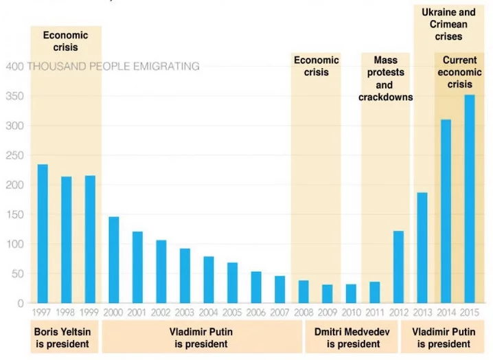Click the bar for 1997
pyautogui.click(x=43, y=234)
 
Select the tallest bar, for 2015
pyautogui.click(x=470, y=199)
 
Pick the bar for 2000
pyautogui.click(x=114, y=260)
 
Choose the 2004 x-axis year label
pyautogui.click(x=209, y=312)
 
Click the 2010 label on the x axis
pyautogui.click(x=351, y=312)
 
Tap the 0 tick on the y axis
pyautogui.click(x=21, y=303)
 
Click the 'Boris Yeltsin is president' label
pyautogui.click(x=62, y=337)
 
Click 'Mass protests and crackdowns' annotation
pyautogui.click(x=385, y=79)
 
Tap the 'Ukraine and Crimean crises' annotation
pyautogui.click(x=448, y=24)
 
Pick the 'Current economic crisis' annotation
pyautogui.click(x=459, y=73)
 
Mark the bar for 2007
pyautogui.click(x=280, y=289)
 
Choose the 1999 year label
pyautogui.click(x=90, y=312)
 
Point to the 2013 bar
pyautogui.click(x=422, y=247)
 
